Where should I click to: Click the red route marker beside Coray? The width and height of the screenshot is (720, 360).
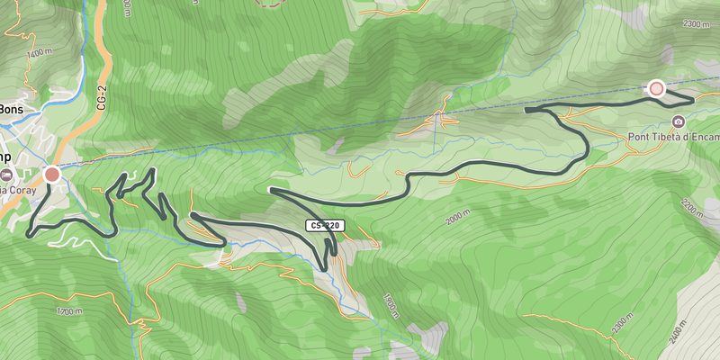[52, 175]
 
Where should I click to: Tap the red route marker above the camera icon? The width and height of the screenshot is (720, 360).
[656, 88]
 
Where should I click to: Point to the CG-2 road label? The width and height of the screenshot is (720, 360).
[101, 94]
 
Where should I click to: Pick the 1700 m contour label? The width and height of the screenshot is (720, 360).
[69, 311]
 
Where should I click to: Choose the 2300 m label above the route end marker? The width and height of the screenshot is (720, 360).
[695, 24]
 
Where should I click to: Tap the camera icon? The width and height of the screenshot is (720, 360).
[678, 121]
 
